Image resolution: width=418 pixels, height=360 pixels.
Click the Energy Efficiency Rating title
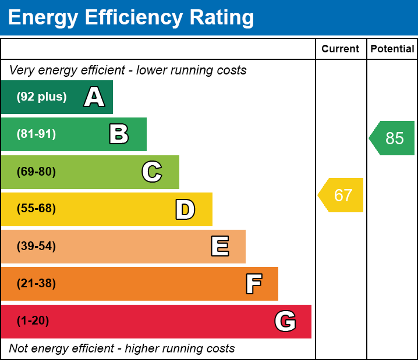coord(131,17)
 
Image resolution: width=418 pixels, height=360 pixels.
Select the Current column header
coord(341,49)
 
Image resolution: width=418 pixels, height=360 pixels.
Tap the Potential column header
coord(392,49)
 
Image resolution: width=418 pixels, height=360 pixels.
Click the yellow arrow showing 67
coord(341,195)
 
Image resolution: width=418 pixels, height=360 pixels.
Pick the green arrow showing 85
coord(393,138)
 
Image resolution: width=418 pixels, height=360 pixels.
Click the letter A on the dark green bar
coord(94,97)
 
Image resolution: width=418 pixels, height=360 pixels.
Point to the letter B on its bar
coord(119,134)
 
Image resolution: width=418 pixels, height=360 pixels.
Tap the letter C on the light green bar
coord(152,172)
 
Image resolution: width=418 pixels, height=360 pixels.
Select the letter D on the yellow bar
coord(185,209)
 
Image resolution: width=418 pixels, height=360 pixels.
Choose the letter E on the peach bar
coord(219,247)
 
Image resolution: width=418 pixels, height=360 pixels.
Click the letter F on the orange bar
coord(253,284)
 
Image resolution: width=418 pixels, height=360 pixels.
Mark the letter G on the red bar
coord(285,321)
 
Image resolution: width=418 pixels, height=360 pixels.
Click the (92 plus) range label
coord(41,97)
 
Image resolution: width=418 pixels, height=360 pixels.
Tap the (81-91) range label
coord(36,134)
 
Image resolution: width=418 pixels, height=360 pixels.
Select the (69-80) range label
coord(36,172)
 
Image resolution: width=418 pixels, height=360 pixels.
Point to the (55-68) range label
coord(36,209)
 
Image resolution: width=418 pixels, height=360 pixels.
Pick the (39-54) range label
coord(36,247)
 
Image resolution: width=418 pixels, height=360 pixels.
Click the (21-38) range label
coord(36,284)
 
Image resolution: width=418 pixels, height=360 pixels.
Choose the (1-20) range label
coord(33,321)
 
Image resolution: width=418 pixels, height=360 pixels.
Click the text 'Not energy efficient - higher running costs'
coord(122,348)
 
